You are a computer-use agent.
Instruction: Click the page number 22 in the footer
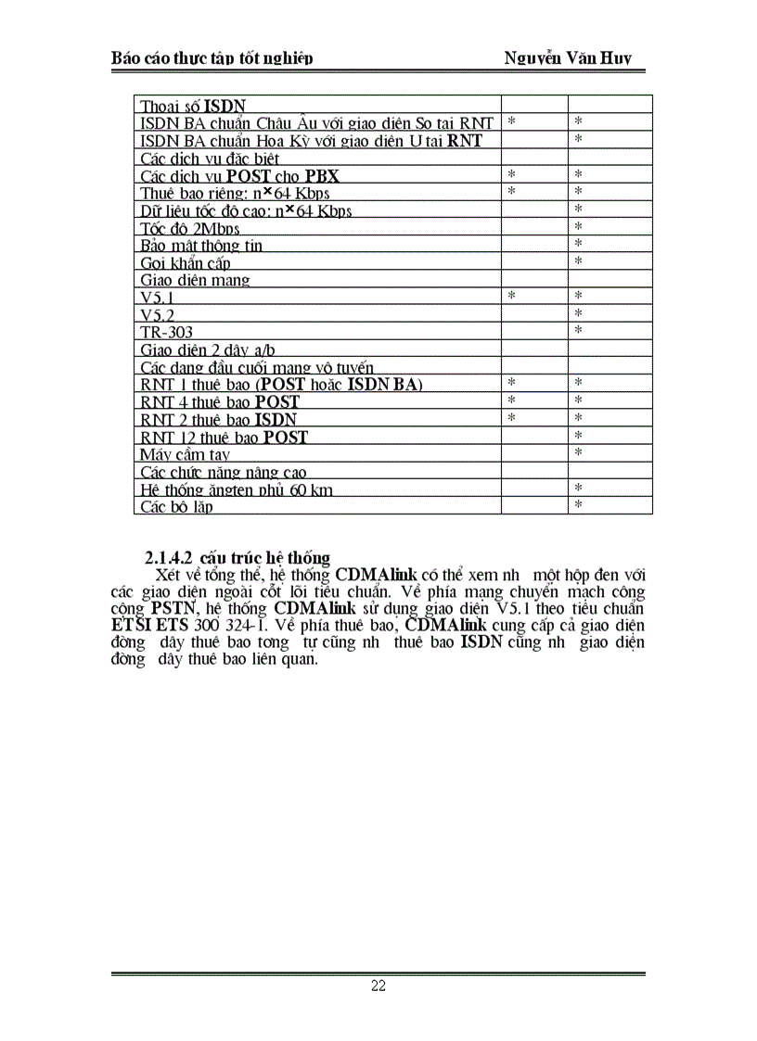pos(378,985)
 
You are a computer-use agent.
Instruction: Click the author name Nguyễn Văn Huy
pos(568,58)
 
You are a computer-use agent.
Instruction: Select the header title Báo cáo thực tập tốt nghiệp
pos(212,58)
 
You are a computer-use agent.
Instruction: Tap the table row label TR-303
pos(167,332)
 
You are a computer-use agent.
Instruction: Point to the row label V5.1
pos(158,298)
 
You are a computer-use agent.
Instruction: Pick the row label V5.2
pos(158,315)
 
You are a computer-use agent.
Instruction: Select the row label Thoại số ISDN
pos(193,106)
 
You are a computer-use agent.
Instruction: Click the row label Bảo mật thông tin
pos(201,246)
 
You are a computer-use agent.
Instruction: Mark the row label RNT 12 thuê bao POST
pos(224,437)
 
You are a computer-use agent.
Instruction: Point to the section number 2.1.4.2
pos(168,558)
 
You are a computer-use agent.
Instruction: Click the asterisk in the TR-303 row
pos(578,330)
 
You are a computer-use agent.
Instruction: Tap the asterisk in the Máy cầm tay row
pos(578,452)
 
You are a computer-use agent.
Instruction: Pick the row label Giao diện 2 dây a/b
pos(208,349)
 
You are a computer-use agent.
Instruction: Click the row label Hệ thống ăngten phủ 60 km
pos(237,489)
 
